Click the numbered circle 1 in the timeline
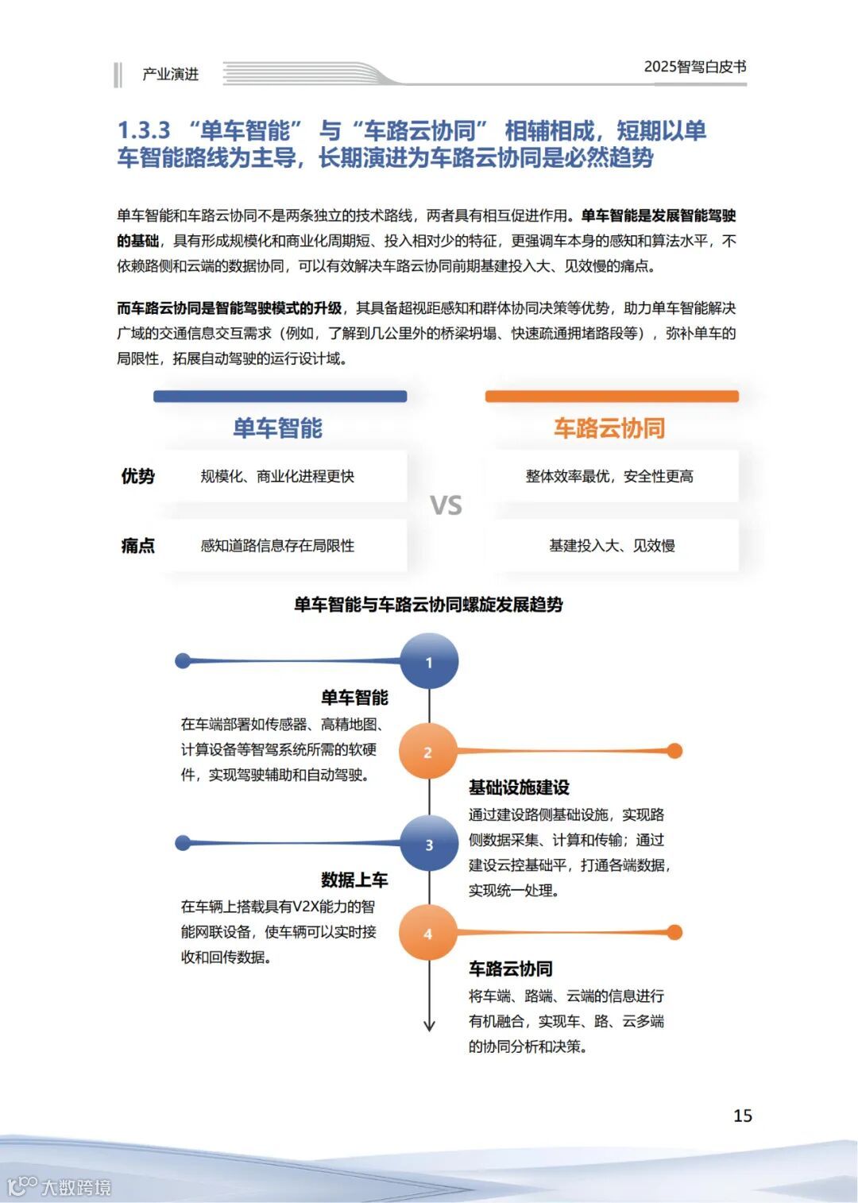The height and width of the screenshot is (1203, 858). (x=429, y=661)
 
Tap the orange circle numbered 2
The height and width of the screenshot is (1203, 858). (x=428, y=752)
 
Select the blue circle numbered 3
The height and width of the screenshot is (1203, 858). (x=429, y=844)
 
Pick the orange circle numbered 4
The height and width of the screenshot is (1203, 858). (x=428, y=934)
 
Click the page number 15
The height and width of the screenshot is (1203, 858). (x=742, y=1116)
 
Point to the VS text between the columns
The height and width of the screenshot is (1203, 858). (x=446, y=505)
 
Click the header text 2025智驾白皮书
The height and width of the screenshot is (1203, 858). (x=694, y=67)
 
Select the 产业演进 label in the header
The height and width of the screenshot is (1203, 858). (x=170, y=74)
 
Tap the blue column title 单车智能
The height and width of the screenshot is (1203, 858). (x=277, y=428)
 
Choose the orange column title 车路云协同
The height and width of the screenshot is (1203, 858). (x=609, y=428)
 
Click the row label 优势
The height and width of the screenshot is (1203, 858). (x=137, y=476)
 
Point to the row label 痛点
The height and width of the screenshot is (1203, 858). (x=137, y=546)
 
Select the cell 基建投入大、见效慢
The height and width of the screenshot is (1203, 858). (x=612, y=546)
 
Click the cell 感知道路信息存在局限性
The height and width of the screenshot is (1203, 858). (x=277, y=546)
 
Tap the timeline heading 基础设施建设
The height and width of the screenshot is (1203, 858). (x=519, y=787)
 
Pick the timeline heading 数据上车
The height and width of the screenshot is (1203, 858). (x=354, y=880)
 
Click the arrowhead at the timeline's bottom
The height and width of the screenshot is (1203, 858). (x=429, y=1025)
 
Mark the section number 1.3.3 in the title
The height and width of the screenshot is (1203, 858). (x=144, y=130)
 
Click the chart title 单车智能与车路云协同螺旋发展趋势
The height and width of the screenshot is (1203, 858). (x=428, y=605)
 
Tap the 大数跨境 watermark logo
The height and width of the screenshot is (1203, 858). (x=60, y=1186)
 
